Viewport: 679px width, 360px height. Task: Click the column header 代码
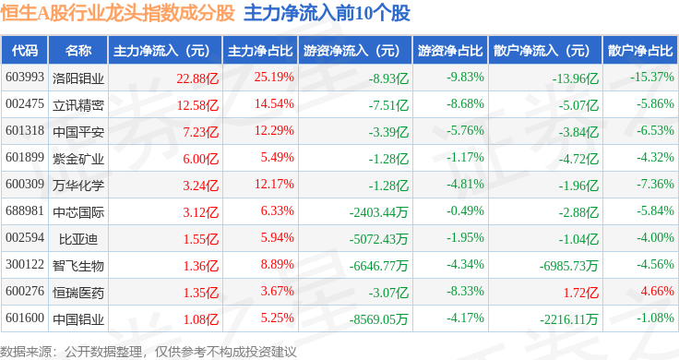pos(25,51)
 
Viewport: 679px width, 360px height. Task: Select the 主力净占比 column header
pos(260,51)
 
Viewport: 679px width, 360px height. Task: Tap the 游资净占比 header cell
pos(450,51)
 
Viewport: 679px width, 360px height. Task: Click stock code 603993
pos(25,78)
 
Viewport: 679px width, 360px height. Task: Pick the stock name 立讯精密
pos(78,105)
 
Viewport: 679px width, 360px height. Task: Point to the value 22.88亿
pos(197,78)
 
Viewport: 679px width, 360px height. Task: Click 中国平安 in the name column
pos(78,132)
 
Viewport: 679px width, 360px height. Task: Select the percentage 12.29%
pos(274,130)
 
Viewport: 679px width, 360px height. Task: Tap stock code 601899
pos(25,157)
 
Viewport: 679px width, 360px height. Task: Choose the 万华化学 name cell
pos(78,186)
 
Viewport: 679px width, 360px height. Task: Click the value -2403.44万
pos(379,212)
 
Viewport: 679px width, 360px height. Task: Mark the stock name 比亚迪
pos(78,239)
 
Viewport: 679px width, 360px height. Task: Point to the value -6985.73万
pos(568,266)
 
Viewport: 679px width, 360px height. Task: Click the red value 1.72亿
pos(580,293)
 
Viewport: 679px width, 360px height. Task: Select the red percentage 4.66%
pos(658,291)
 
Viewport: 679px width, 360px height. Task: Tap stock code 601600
pos(25,318)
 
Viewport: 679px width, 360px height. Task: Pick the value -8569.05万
pos(379,319)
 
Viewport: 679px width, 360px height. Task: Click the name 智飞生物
pos(78,266)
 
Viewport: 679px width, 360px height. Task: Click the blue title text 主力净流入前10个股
pos(327,14)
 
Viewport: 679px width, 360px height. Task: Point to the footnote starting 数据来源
pos(149,352)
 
